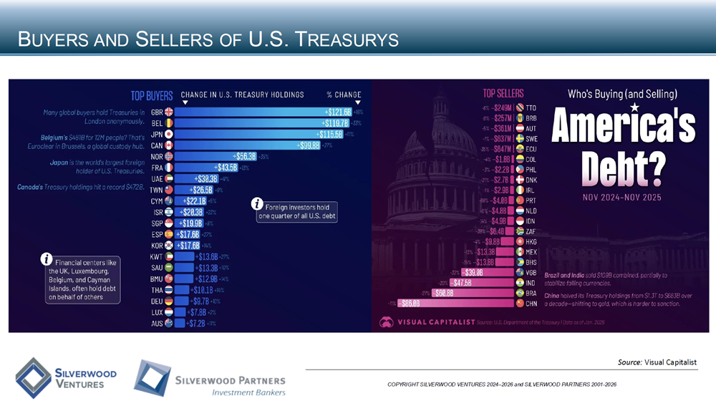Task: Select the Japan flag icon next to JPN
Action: click(169, 134)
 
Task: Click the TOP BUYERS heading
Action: click(151, 95)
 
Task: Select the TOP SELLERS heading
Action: click(503, 94)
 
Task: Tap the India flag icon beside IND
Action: click(520, 282)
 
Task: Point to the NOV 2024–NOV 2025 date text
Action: click(621, 197)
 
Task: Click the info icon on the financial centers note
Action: click(47, 259)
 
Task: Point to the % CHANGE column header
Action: click(344, 95)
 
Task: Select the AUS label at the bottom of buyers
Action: click(157, 324)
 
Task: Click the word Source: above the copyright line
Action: click(629, 362)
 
